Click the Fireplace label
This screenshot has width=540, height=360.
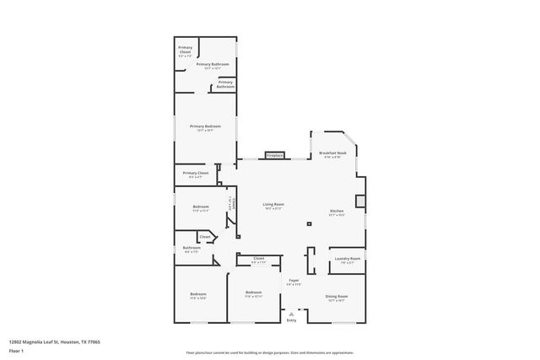274,156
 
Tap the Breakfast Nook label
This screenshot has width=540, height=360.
332,153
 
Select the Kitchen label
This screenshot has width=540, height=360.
336,211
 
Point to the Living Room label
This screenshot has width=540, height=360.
273,205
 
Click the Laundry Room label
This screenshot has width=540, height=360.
347,259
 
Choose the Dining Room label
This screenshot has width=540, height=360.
337,296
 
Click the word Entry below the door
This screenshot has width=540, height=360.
292,320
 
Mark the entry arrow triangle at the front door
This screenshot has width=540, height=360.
292,313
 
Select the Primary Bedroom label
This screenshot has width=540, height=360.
205,126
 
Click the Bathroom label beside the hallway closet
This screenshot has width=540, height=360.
192,248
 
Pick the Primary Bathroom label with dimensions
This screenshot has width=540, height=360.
213,64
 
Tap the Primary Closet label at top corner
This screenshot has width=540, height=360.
186,50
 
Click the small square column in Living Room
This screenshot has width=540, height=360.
309,223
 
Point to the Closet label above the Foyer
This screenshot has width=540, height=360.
258,259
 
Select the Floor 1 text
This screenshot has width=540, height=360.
16,349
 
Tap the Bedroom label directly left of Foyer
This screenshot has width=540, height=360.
254,293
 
